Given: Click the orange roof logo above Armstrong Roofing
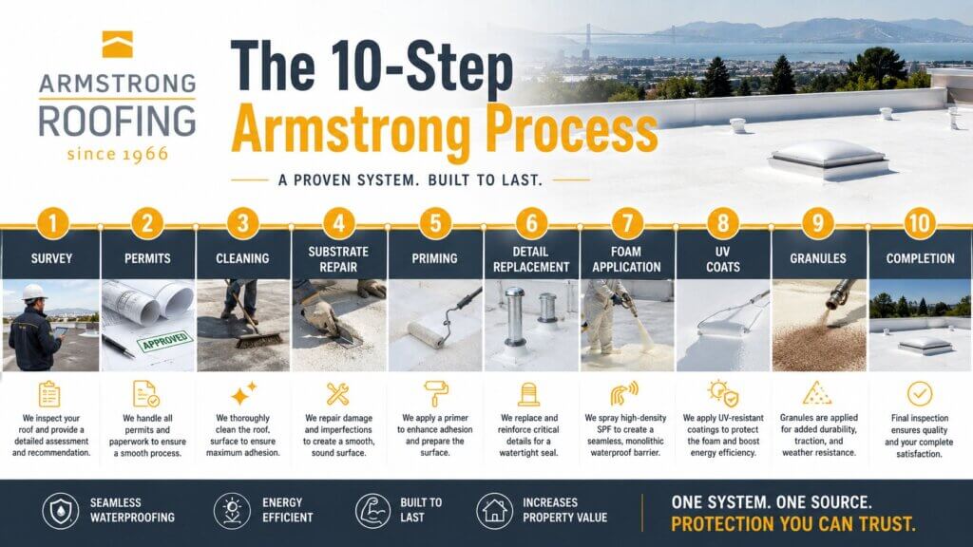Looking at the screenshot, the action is click(117, 44).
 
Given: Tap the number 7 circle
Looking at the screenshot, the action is click(627, 223).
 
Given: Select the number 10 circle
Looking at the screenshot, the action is click(920, 223).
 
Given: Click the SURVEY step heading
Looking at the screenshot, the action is click(51, 258).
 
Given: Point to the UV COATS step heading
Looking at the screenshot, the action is click(723, 259).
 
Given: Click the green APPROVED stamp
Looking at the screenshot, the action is click(165, 341).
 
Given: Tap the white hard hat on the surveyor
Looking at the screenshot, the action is click(35, 292).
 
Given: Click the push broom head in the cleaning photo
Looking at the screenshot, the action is click(258, 339).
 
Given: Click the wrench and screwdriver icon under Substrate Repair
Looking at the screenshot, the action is click(338, 394).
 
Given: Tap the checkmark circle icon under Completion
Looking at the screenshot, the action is click(920, 393).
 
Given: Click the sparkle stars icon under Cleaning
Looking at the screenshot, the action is click(243, 393).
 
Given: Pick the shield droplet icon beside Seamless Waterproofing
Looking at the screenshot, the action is click(61, 511).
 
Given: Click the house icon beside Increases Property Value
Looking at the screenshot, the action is click(494, 511).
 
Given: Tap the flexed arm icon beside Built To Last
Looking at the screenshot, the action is click(372, 511).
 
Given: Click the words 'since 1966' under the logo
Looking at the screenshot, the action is click(117, 154).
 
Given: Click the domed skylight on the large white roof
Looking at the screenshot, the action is click(828, 159).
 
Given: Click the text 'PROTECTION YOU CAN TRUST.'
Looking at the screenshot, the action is click(793, 524).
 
